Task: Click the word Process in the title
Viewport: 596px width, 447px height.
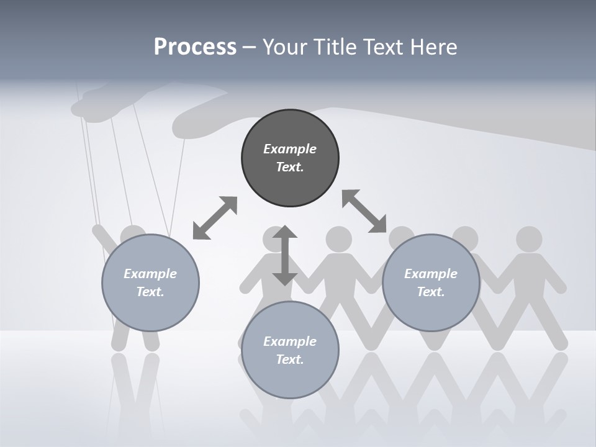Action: [195, 47]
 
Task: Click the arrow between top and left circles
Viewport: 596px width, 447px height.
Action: [215, 217]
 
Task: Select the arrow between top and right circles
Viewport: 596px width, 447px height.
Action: [364, 211]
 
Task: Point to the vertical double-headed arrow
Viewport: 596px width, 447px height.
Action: [285, 255]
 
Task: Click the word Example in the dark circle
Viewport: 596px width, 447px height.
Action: [290, 149]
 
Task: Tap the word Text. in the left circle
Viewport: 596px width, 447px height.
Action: [150, 292]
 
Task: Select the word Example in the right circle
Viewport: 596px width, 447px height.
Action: [431, 274]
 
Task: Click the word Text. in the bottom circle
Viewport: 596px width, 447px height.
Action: [290, 359]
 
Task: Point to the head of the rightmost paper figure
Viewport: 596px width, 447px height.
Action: [529, 238]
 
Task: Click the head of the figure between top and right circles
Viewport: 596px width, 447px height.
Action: [338, 238]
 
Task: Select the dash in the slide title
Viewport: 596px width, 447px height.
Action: [249, 47]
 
